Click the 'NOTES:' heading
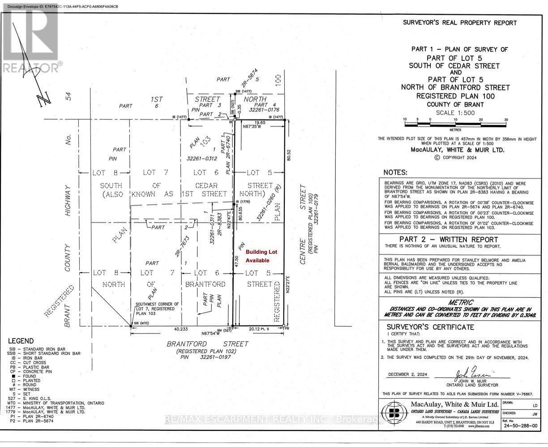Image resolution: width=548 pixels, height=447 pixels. (395, 173)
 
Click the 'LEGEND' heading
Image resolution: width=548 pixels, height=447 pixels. (21, 341)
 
